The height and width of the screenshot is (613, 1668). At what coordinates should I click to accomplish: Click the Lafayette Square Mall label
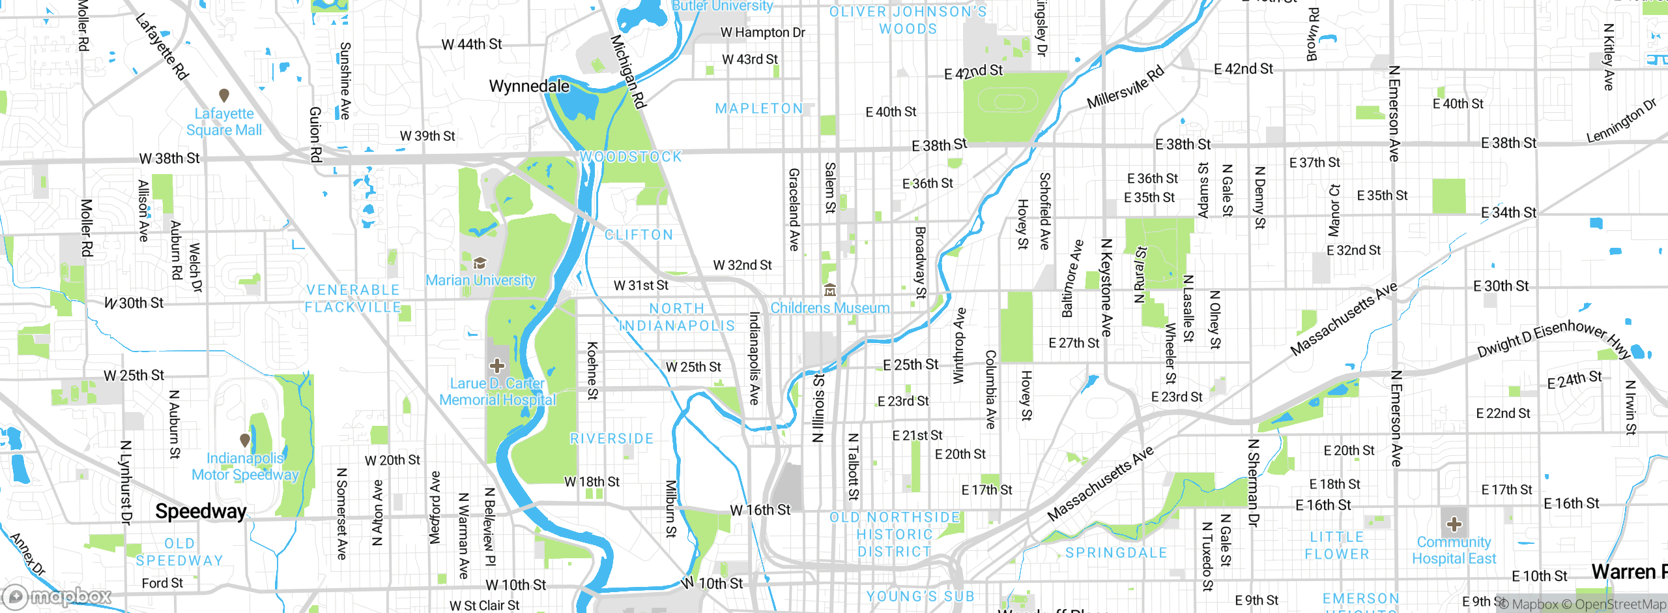pos(224,122)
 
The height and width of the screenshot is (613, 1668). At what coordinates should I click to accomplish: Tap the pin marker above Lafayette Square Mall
pos(224,95)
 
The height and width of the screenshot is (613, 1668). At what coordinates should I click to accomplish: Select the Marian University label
pos(480,280)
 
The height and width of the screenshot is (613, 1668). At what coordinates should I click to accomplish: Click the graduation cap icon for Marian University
pos(480,263)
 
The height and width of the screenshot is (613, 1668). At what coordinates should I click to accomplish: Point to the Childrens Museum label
pos(829,308)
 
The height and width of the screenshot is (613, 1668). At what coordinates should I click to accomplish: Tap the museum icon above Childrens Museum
pos(829,290)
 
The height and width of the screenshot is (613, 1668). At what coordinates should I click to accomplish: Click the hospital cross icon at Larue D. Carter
pos(497,365)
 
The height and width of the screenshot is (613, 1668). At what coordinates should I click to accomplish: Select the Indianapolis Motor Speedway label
pos(245,466)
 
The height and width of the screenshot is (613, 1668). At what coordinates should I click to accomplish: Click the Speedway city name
pos(201,511)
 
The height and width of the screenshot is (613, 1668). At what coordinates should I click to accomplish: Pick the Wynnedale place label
pos(529,86)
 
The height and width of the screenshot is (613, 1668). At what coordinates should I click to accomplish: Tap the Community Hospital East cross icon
pos(1454,524)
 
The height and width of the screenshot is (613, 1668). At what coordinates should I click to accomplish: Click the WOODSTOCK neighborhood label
pos(631,157)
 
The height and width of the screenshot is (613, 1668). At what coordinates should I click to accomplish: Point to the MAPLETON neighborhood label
pos(759,109)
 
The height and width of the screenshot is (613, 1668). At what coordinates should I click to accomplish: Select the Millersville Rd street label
pos(1125,87)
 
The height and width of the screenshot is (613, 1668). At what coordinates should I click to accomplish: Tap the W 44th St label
pos(472,44)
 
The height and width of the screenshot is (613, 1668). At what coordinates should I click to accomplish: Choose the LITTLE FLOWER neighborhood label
pos(1337,545)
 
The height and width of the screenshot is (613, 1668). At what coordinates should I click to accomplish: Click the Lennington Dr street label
pos(1621,121)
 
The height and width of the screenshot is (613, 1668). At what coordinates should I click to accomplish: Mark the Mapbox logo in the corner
pos(57,596)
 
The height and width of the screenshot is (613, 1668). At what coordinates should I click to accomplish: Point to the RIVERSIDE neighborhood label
pos(612,439)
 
